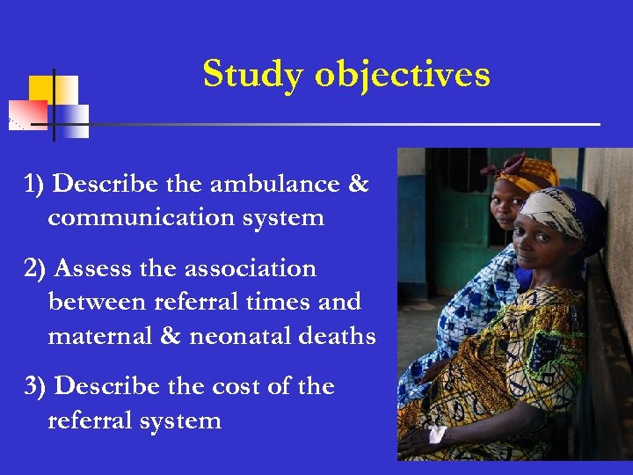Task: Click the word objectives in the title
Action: click(403, 75)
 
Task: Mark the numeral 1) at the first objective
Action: click(35, 185)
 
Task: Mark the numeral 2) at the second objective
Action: click(37, 268)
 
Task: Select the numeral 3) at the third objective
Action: click(37, 387)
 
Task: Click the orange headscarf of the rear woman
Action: click(527, 171)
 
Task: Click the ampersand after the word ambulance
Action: click(358, 185)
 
